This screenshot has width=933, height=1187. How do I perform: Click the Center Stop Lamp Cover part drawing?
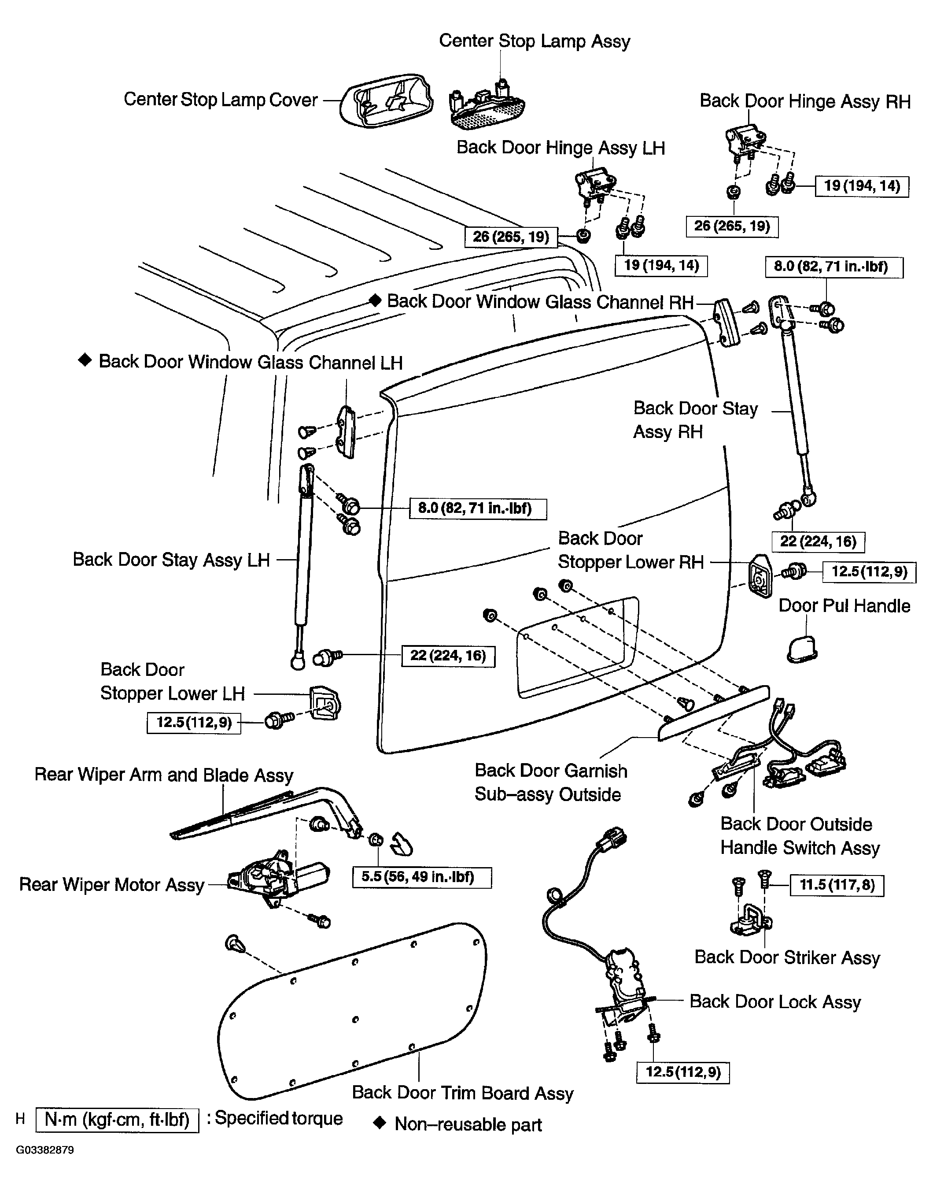(x=386, y=100)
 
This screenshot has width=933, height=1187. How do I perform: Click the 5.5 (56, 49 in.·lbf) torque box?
(x=422, y=877)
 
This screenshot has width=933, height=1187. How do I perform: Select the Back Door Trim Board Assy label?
(x=463, y=1092)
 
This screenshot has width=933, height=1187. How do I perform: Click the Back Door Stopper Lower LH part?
(x=325, y=702)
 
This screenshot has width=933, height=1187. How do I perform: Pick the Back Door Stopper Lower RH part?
(x=760, y=576)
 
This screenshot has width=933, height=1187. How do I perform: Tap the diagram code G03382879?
(x=45, y=1150)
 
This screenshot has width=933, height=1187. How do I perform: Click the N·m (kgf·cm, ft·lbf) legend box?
(x=117, y=1120)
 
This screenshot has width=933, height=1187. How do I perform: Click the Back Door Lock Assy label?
(x=775, y=1002)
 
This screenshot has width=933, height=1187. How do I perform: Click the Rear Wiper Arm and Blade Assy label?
(x=164, y=775)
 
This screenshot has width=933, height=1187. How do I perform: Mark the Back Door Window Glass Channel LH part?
(x=347, y=432)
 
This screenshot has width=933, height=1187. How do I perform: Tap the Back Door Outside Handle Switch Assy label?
(x=800, y=835)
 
